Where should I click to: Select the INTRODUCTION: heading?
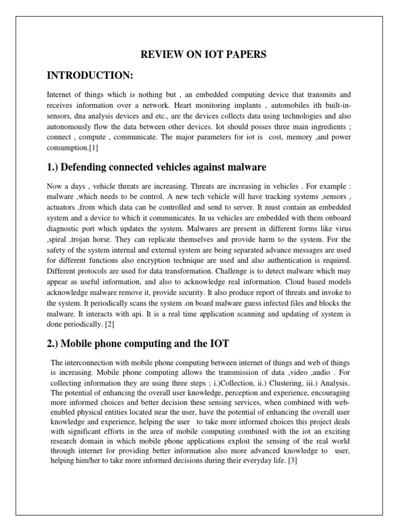point(90,76)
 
